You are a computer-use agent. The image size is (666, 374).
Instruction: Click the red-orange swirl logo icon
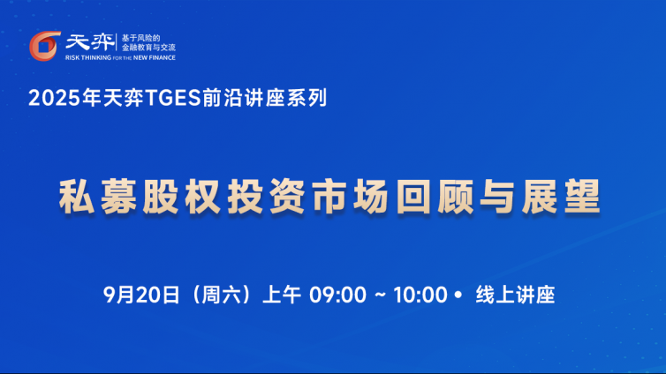44,46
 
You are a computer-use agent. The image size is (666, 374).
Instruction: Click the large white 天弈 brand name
90,42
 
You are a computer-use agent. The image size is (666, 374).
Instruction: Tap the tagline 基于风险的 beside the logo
141,38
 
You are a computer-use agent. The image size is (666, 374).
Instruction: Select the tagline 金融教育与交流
148,48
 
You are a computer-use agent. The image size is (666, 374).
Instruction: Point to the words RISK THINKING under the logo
88,57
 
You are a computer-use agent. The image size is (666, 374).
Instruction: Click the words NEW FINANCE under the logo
155,57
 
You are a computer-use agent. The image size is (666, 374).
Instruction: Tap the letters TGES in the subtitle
173,99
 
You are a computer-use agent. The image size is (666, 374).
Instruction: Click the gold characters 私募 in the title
98,197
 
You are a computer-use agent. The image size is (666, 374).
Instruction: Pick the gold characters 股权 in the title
181,197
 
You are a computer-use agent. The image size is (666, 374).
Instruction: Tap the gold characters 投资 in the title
266,197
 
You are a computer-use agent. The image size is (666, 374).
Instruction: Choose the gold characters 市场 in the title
350,197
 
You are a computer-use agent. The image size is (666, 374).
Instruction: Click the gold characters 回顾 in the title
435,197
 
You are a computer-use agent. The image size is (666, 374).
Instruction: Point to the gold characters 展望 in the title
561,197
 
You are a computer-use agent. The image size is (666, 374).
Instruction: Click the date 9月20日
141,295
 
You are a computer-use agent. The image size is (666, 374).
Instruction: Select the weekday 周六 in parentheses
221,295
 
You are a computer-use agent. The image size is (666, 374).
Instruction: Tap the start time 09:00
337,295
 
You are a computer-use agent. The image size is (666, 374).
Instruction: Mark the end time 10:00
420,295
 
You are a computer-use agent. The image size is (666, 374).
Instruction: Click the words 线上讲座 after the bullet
515,295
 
